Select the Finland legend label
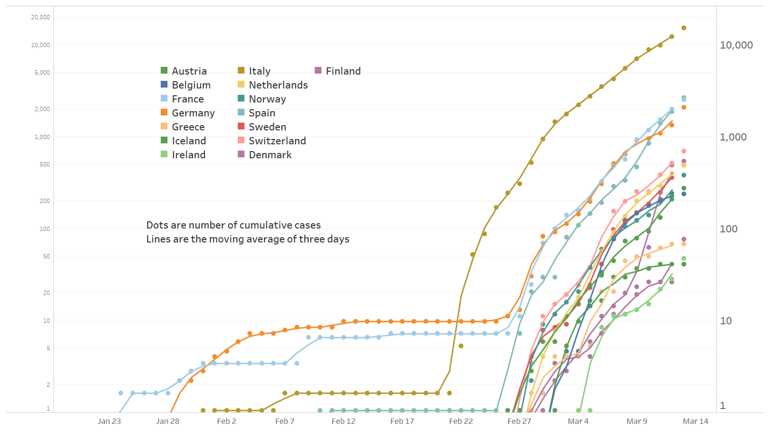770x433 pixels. [343, 71]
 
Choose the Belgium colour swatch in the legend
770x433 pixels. [164, 85]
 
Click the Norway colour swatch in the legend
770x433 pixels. [241, 99]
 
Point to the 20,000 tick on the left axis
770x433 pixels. [40, 17]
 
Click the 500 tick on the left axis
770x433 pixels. [45, 165]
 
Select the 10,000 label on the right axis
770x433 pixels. [736, 45]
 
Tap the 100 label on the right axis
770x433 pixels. [729, 229]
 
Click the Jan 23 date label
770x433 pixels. [109, 421]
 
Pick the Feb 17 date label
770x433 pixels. [402, 421]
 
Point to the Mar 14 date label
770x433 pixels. [695, 421]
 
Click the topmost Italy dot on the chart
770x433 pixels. [684, 28]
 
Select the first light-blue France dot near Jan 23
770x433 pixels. [121, 393]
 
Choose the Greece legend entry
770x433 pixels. [188, 127]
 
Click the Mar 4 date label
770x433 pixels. [578, 421]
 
